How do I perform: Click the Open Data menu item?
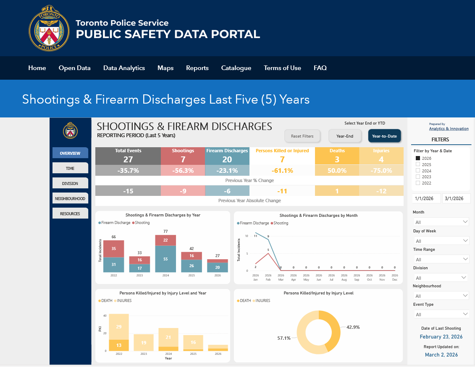[x=74, y=68]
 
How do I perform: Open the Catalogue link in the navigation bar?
[x=236, y=68]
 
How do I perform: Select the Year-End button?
[x=344, y=136]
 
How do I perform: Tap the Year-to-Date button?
[x=385, y=136]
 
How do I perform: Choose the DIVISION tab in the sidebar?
[x=70, y=183]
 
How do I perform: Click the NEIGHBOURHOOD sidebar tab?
[x=70, y=198]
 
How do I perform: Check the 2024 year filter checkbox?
[x=418, y=171]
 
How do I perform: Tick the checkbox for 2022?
[x=418, y=183]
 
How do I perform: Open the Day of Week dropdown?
[x=441, y=241]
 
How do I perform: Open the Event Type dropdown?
[x=441, y=314]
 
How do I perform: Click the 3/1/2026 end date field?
[x=456, y=198]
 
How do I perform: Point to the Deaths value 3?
[x=337, y=159]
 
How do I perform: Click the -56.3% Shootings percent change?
[x=183, y=171]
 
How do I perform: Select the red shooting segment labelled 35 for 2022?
[x=114, y=248]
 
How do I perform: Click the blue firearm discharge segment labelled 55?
[x=165, y=259]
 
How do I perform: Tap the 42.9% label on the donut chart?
[x=353, y=327]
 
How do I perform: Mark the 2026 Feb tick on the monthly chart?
[x=268, y=277]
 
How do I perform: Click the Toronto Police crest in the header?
[x=49, y=28]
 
